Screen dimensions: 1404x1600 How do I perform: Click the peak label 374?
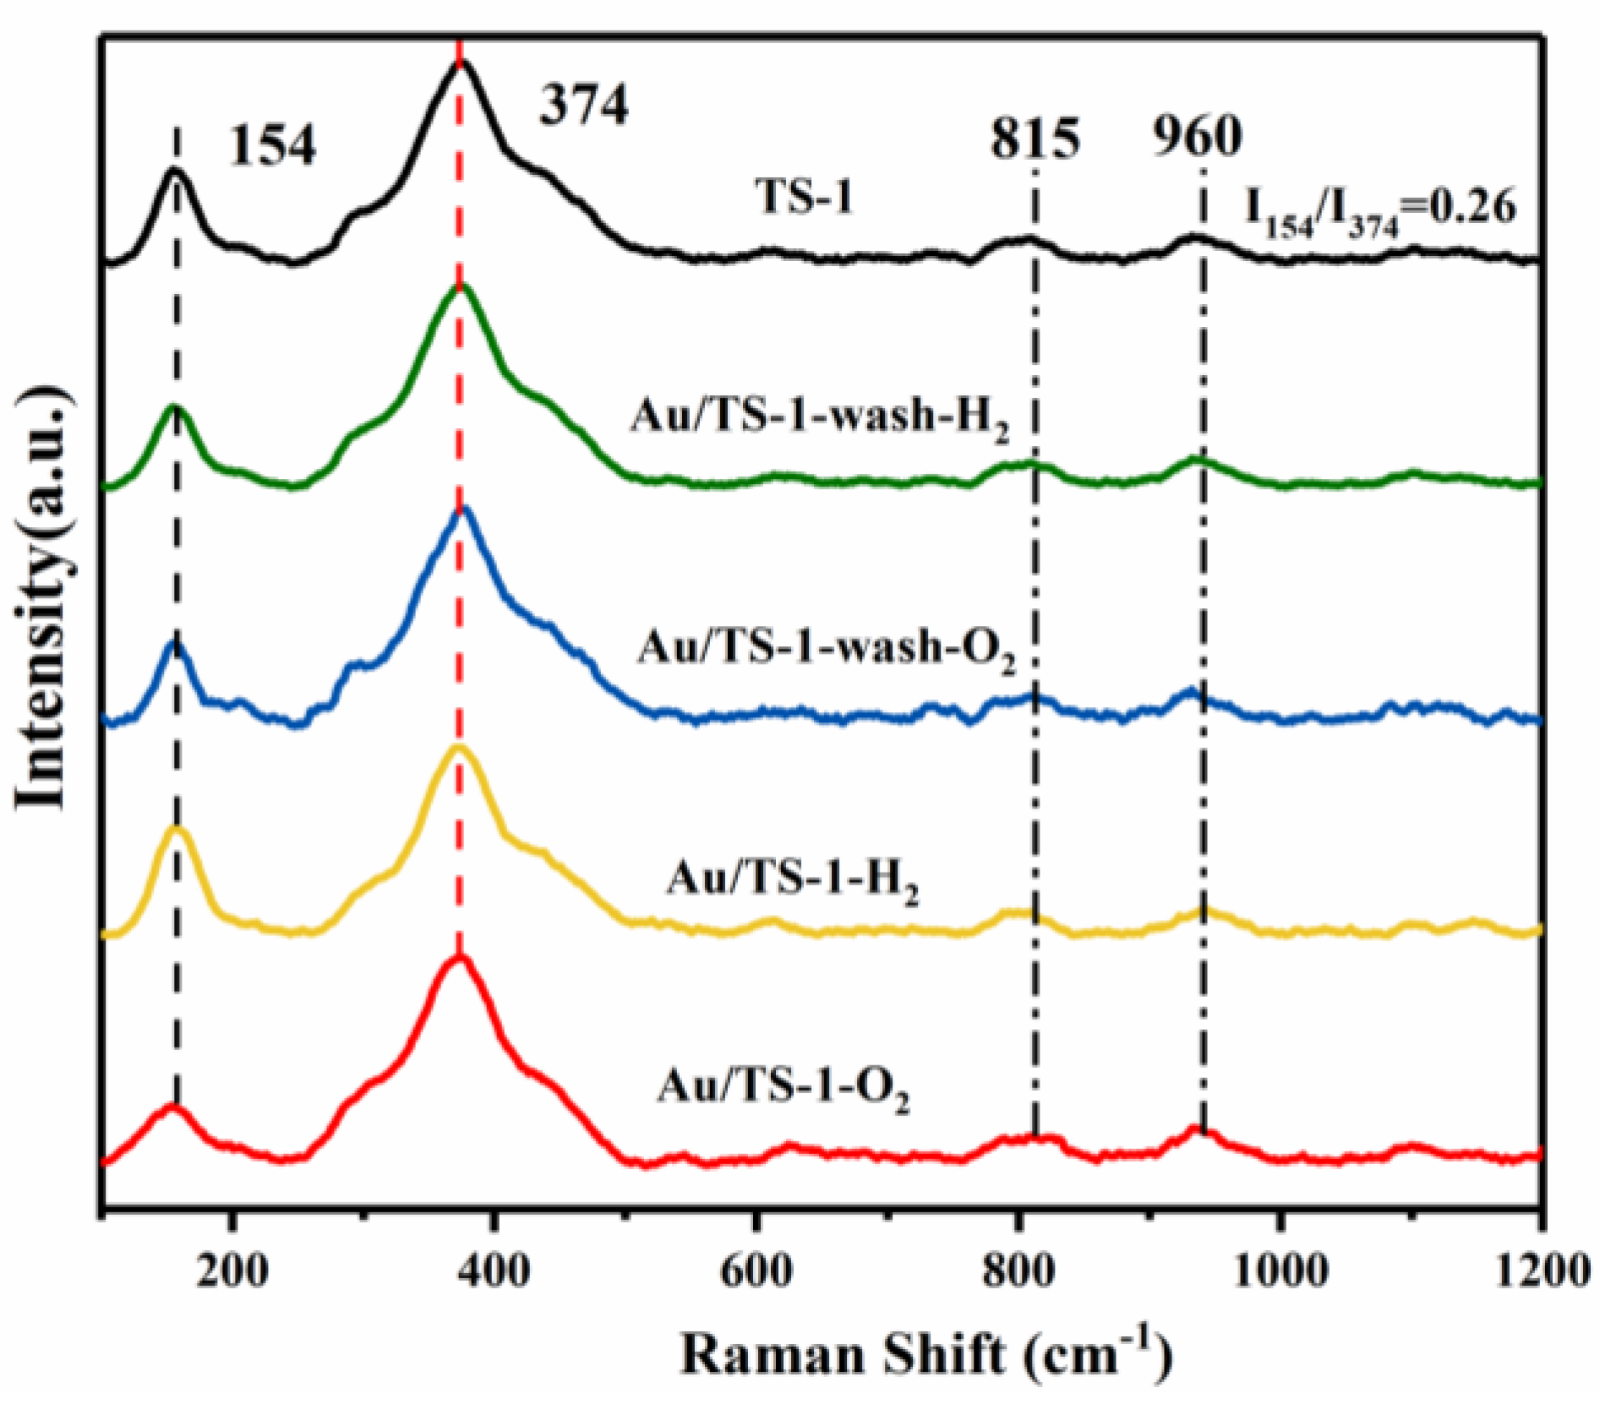point(584,107)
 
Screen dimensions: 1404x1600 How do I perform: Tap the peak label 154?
point(272,145)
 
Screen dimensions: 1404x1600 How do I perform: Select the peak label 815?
point(1035,138)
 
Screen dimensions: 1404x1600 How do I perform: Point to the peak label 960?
point(1197,135)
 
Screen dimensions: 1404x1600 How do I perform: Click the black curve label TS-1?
point(804,198)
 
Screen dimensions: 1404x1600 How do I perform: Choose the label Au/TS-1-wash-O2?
point(826,649)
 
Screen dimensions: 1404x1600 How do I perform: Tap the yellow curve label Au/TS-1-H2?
point(792,880)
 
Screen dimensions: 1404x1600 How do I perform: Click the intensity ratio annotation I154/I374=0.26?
point(1380,209)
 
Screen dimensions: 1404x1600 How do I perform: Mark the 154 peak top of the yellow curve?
point(177,830)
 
